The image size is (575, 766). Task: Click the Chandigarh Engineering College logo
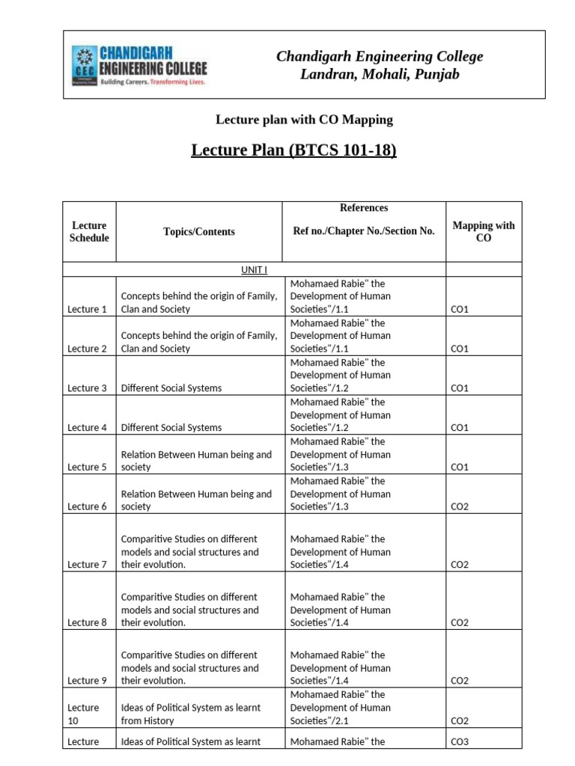click(139, 65)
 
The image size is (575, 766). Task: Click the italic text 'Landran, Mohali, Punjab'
click(380, 74)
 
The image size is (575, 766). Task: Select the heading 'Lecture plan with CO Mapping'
click(304, 120)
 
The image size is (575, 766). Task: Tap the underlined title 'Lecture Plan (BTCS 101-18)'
click(294, 150)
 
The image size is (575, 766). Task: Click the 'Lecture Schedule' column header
click(89, 231)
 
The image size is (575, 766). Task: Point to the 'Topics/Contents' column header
click(199, 232)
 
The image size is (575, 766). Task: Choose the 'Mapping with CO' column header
click(484, 231)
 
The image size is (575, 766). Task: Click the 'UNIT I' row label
click(255, 270)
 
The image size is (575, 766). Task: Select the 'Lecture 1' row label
click(88, 309)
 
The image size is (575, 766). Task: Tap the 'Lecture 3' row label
click(88, 388)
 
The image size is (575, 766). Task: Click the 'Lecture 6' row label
click(88, 506)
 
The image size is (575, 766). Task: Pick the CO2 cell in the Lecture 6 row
click(460, 506)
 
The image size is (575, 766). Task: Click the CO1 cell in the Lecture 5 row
click(460, 467)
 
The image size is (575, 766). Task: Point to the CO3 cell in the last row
click(460, 741)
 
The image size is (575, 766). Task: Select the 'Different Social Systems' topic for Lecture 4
click(171, 428)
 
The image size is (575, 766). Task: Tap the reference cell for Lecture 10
click(341, 708)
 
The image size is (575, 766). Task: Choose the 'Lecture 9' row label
click(88, 681)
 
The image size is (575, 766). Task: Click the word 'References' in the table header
click(364, 208)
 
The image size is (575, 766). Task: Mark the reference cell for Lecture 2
click(341, 336)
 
